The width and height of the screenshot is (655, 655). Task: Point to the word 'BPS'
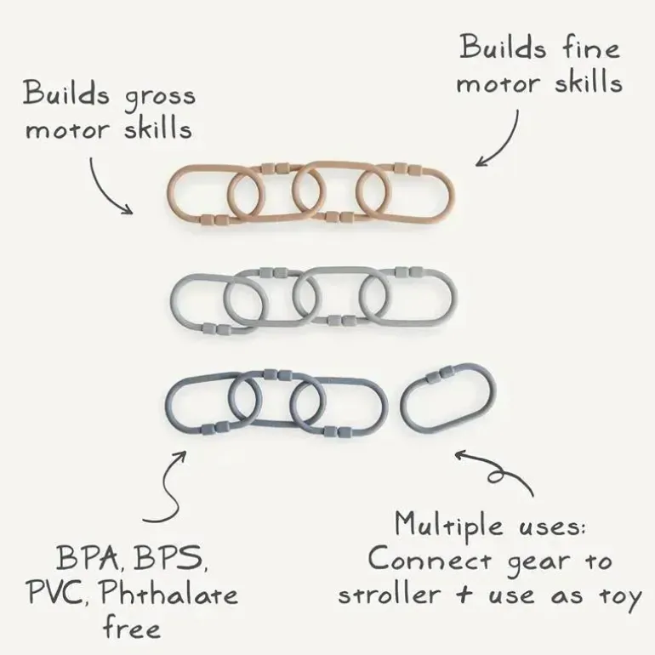[170, 559]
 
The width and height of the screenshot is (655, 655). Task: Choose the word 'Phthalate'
[169, 592]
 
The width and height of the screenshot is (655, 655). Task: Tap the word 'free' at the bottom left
[132, 627]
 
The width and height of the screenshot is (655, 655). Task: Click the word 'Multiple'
[449, 525]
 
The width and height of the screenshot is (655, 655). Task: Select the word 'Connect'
[430, 559]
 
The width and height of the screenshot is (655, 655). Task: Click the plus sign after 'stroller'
[464, 594]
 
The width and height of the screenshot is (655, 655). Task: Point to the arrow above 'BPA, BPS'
[170, 489]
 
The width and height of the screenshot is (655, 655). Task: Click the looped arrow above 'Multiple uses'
[497, 472]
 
